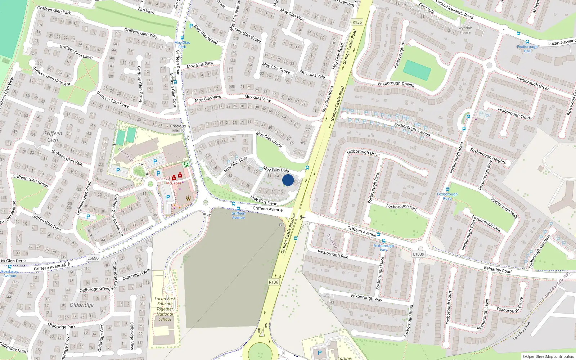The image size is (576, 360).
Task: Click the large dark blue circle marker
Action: pyautogui.click(x=288, y=180)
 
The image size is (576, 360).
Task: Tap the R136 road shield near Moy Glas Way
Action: pyautogui.click(x=357, y=22)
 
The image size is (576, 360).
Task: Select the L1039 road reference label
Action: pyautogui.click(x=418, y=254)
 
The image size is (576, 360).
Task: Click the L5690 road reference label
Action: pyautogui.click(x=93, y=258)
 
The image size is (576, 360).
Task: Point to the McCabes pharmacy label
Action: pyautogui.click(x=174, y=183)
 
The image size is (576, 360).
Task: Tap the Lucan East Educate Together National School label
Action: pyautogui.click(x=165, y=309)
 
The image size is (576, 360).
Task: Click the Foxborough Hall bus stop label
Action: pyautogui.click(x=527, y=49)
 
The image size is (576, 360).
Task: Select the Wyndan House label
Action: pyautogui.click(x=465, y=30)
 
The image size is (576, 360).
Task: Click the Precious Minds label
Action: pyautogui.click(x=178, y=129)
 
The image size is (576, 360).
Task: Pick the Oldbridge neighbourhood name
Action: pyautogui.click(x=82, y=305)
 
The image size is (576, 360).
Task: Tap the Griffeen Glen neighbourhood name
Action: pyautogui.click(x=53, y=136)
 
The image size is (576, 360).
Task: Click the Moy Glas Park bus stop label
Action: pyautogui.click(x=182, y=45)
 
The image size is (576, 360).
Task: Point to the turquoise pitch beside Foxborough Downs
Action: pyautogui.click(x=417, y=70)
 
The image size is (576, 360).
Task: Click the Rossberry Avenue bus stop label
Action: pyautogui.click(x=10, y=274)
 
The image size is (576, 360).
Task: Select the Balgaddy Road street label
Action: pyautogui.click(x=498, y=270)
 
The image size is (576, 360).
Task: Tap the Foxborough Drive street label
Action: pyautogui.click(x=363, y=153)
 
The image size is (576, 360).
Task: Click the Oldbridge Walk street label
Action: pyautogui.click(x=136, y=275)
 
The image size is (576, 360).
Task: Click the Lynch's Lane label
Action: pyautogui.click(x=522, y=331)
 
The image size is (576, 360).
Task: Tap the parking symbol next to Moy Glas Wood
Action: pyautogui.click(x=191, y=26)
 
